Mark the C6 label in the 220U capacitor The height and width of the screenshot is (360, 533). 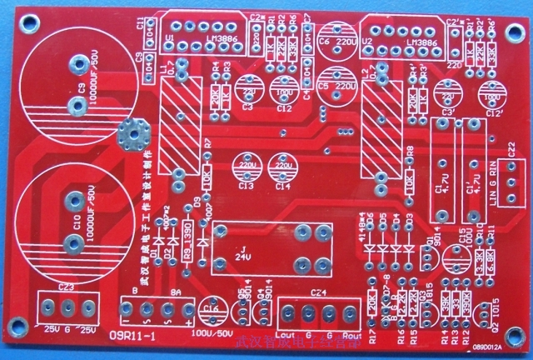pyautogui.click(x=323, y=41)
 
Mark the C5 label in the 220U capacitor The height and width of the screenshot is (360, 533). pyautogui.click(x=323, y=86)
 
